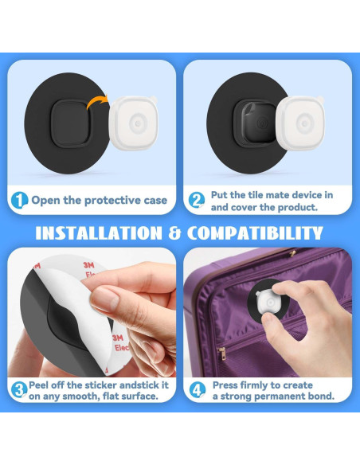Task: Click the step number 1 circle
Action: [19, 201]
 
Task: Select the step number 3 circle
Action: [19, 389]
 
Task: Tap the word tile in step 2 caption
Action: [260, 195]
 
